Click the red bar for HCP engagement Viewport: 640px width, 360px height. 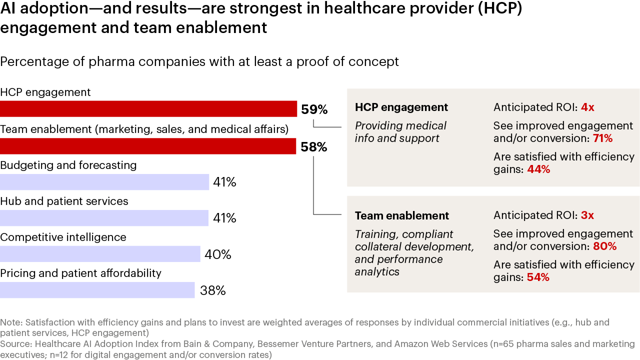pos(148,109)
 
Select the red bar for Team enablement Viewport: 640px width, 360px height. pos(148,146)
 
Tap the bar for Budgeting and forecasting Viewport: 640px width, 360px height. pos(104,182)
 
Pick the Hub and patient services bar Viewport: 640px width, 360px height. pos(104,218)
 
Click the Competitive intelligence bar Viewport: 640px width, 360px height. pos(100,254)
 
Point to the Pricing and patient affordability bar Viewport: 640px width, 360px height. pos(97,290)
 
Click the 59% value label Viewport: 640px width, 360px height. pos(314,109)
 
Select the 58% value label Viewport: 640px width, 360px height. pos(314,147)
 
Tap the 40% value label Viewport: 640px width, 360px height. pos(218,254)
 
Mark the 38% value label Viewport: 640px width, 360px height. pos(213,290)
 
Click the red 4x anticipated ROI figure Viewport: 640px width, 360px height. pos(587,107)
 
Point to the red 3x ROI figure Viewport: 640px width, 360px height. pos(587,215)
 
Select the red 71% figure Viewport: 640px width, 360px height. pos(602,138)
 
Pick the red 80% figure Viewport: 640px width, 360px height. pos(604,246)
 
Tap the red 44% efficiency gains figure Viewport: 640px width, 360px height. pos(538,169)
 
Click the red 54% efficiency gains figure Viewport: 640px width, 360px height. pos(538,277)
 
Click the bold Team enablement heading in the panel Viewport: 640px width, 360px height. pos(402,215)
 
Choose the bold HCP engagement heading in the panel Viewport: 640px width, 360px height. pos(401,107)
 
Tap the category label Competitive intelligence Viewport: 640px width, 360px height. pos(63,237)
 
